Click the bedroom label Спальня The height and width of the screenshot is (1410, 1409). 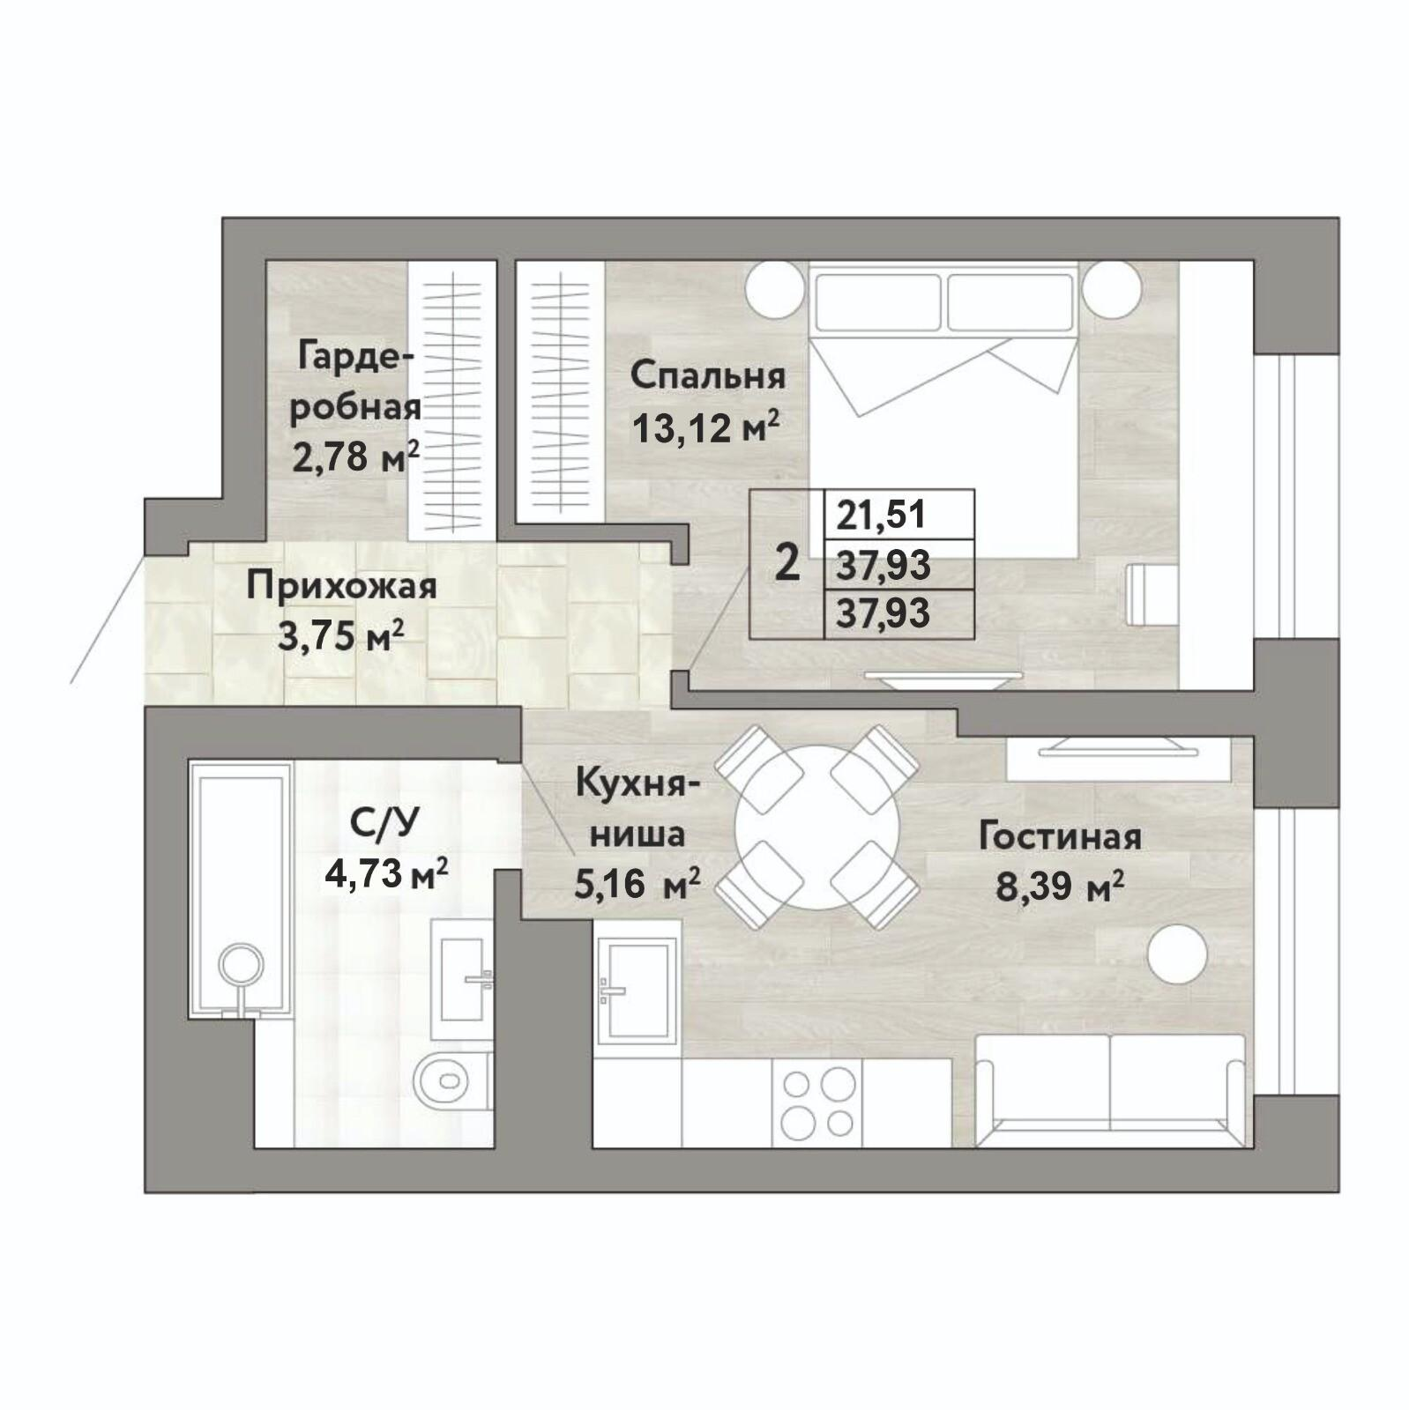pos(708,377)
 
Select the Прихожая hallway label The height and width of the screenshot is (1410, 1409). pos(341,586)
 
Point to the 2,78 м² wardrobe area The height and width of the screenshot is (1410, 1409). pos(355,456)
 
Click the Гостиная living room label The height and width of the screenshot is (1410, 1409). pos(1060,836)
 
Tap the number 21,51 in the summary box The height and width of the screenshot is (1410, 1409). pos(882,515)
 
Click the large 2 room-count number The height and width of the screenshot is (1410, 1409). pos(787,563)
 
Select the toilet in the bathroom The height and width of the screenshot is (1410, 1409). pos(451,1078)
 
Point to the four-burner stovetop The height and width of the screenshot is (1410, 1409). pos(817,1102)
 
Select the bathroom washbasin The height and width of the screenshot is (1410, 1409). pos(462,978)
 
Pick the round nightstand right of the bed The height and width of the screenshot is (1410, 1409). pos(1113,290)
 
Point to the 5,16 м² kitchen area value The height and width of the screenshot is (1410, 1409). pos(637,882)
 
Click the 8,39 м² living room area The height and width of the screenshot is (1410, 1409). pos(1060,887)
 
